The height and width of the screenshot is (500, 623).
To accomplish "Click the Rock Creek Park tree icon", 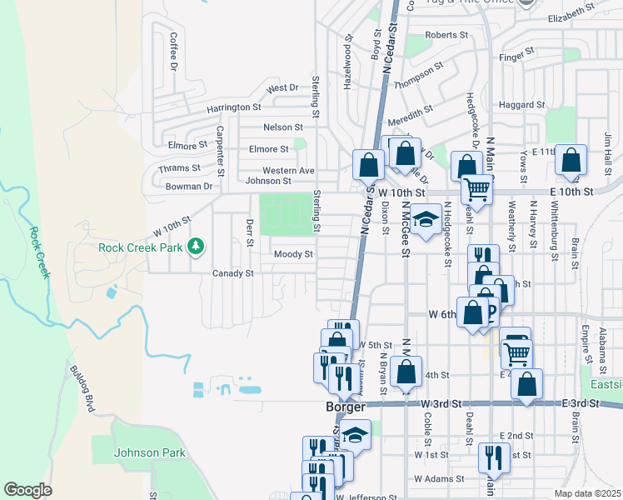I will coord(196,247).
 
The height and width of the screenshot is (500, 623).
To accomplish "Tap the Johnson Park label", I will coord(151,452).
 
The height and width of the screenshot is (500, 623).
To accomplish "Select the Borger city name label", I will coord(345,407).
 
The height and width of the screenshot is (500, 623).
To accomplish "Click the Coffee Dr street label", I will coord(174,50).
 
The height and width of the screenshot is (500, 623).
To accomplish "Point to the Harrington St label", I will coord(234,107).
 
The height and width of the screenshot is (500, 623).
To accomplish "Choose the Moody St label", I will coord(293,254).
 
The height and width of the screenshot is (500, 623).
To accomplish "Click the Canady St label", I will coord(232,273).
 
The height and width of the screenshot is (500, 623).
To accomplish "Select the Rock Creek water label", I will coord(37,253).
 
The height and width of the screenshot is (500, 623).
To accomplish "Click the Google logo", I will coord(27,489).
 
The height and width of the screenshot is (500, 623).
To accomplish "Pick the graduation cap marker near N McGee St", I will coord(426,219).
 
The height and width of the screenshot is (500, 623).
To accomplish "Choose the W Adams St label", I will coord(439,479).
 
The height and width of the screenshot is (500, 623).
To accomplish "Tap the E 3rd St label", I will coord(581,403).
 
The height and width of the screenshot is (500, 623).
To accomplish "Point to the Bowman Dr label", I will coord(189,187).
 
